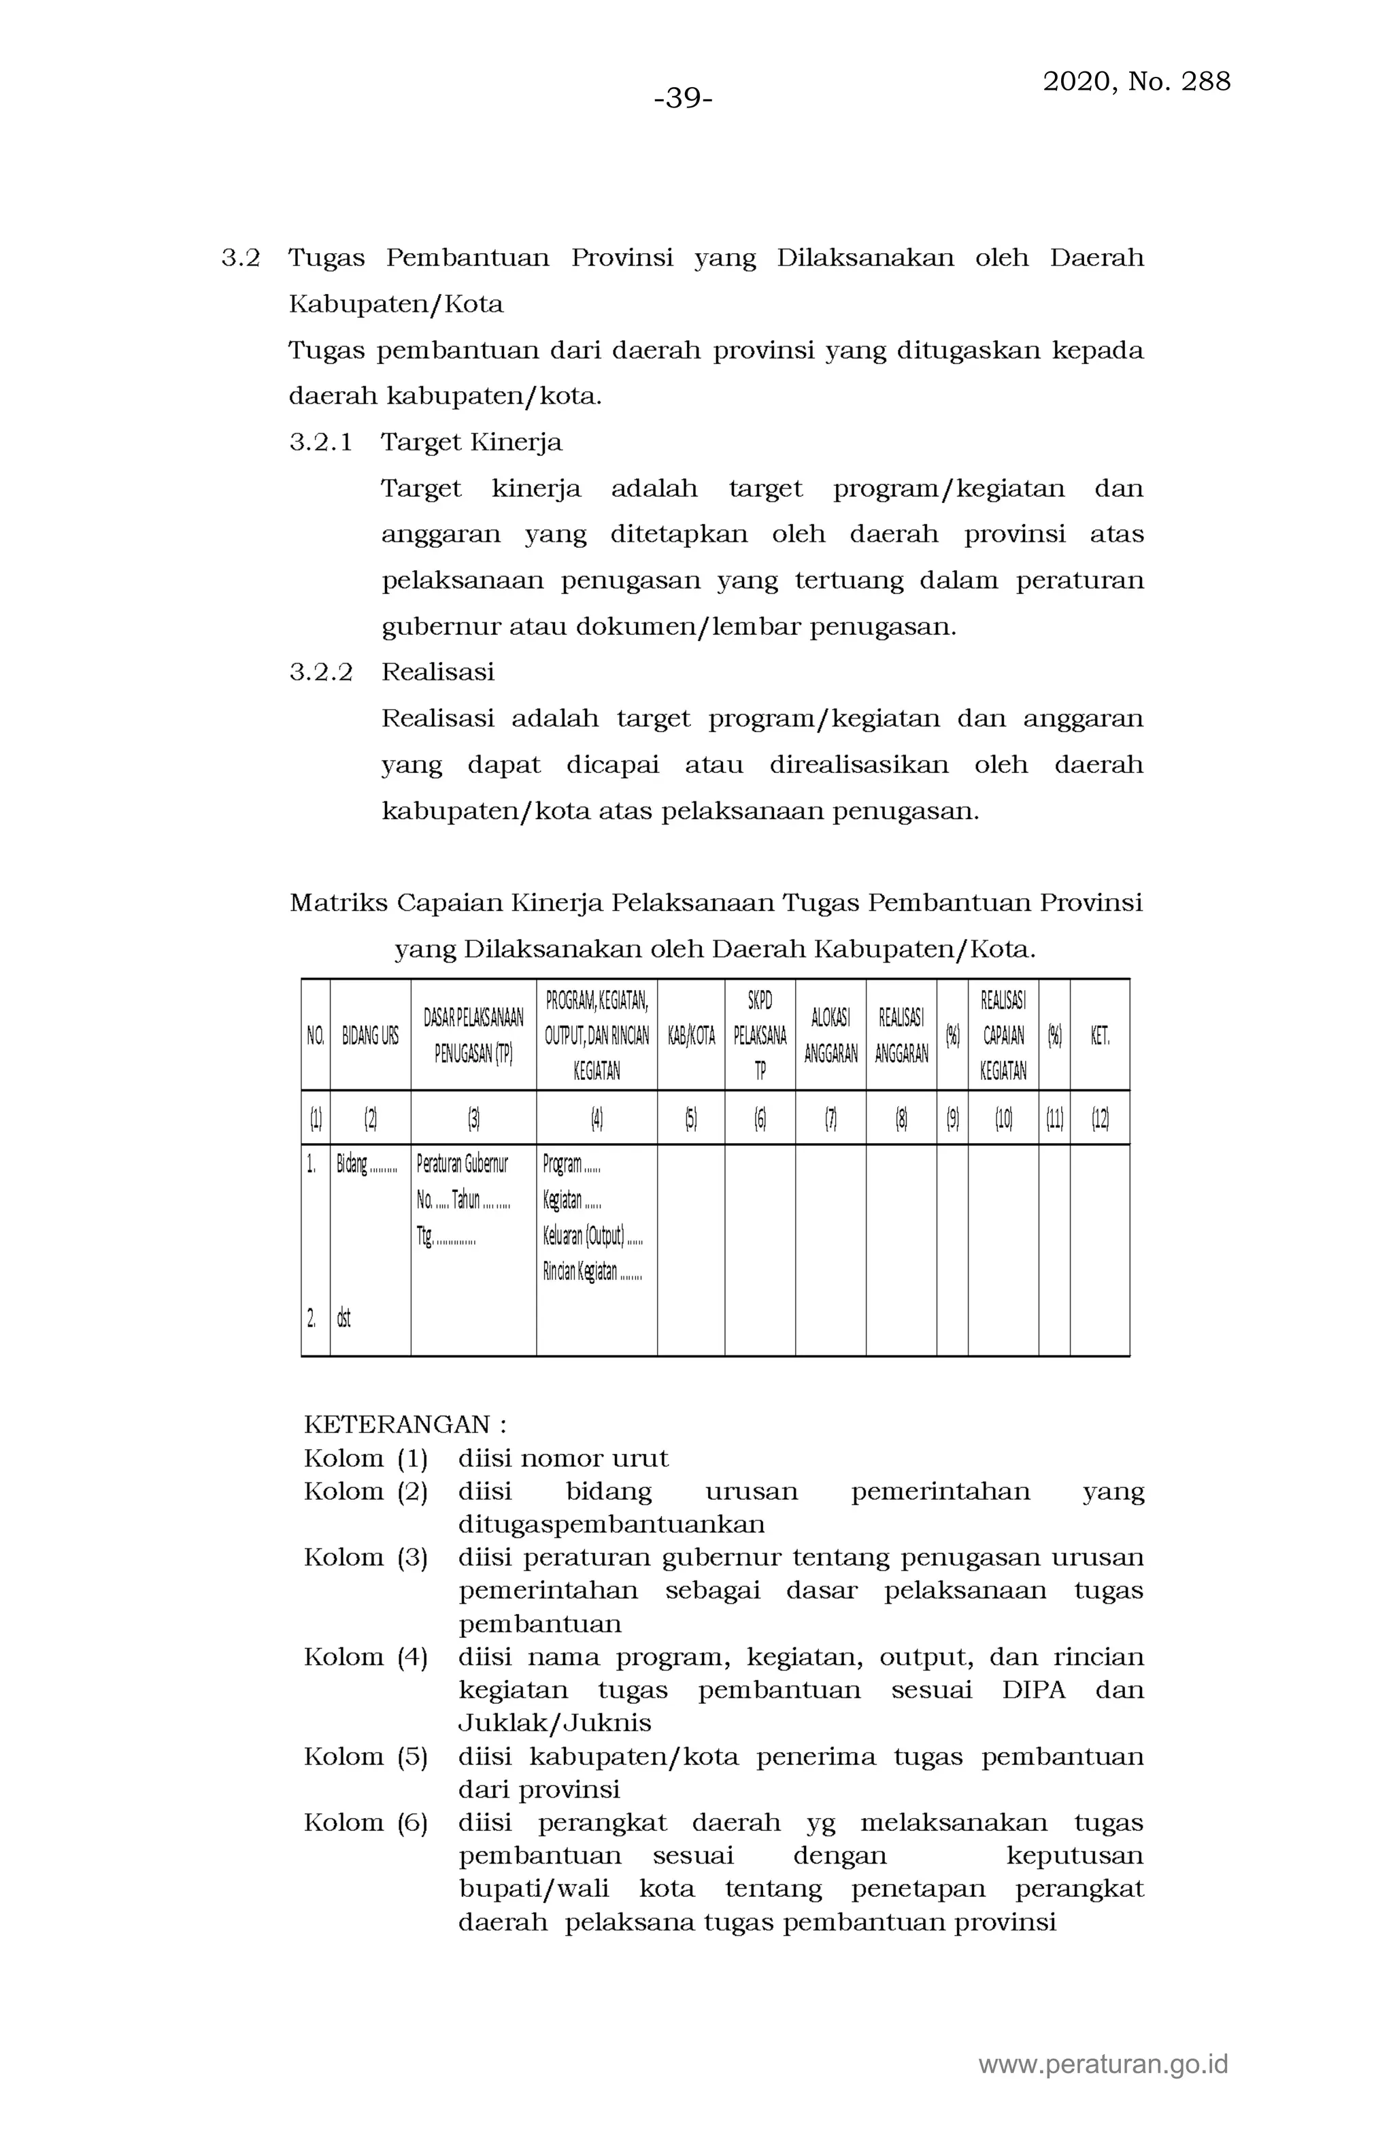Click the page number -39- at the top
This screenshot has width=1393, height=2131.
[x=683, y=99]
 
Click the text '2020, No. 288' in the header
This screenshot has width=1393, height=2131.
[x=1136, y=82]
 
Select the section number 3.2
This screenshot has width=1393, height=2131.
[x=240, y=259]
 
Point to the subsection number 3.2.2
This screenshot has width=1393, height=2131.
[x=320, y=672]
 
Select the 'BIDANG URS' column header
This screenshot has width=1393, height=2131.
[x=370, y=1036]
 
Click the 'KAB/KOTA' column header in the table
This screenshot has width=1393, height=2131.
[x=690, y=1036]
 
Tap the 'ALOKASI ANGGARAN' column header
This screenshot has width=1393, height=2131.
[x=830, y=1036]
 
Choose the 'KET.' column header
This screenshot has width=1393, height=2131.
[x=1099, y=1036]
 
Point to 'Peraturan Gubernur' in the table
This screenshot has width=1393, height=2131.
[x=462, y=1164]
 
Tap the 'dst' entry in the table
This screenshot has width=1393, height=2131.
[x=343, y=1318]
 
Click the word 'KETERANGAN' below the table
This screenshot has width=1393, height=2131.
[x=397, y=1425]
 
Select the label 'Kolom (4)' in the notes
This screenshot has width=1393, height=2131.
[x=365, y=1657]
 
